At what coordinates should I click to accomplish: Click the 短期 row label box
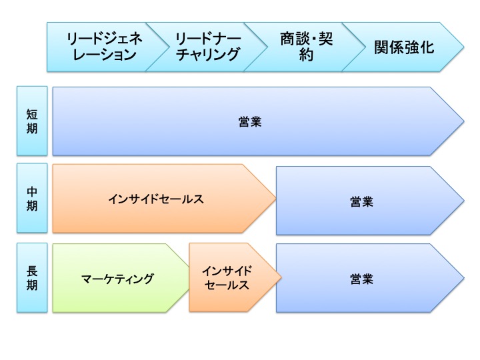click(x=32, y=121)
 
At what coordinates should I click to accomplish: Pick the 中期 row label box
click(x=32, y=199)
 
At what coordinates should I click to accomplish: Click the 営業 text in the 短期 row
click(x=249, y=121)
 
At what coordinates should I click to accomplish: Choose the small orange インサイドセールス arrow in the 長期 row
click(x=227, y=278)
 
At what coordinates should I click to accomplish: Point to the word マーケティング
click(x=117, y=279)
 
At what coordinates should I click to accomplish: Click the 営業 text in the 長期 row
click(x=361, y=278)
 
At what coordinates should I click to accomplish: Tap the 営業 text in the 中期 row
click(x=361, y=201)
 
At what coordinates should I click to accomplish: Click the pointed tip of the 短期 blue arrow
click(x=461, y=121)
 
